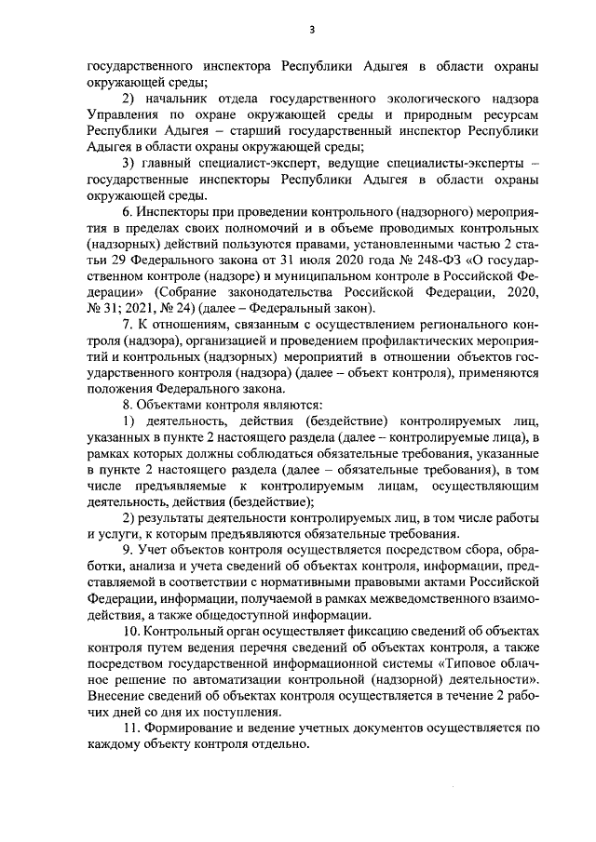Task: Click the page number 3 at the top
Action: click(313, 30)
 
